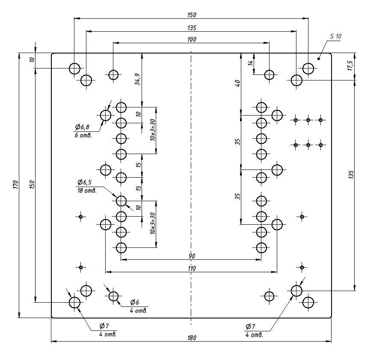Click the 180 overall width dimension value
click(192, 338)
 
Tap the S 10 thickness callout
click(336, 36)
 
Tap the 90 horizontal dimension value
click(192, 256)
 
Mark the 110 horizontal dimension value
click(192, 268)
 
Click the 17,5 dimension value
click(350, 66)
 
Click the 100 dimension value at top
click(192, 39)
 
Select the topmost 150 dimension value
click(192, 15)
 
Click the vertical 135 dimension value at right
click(351, 175)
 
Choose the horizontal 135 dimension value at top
click(192, 28)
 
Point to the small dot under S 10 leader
click(319, 59)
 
